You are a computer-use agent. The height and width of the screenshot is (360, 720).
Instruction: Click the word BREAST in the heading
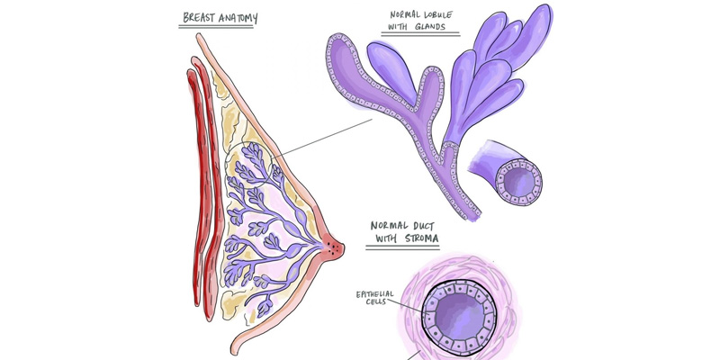click(x=201, y=16)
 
